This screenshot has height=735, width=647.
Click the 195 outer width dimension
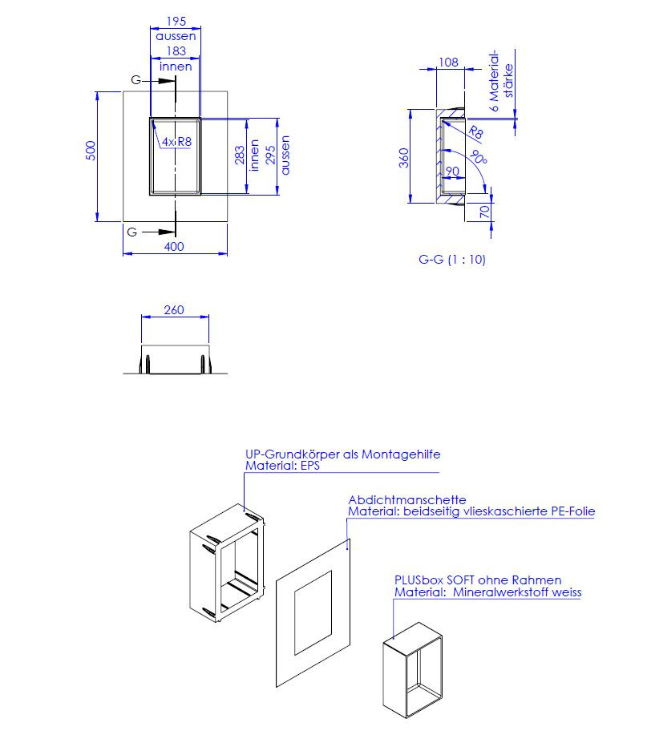point(176,22)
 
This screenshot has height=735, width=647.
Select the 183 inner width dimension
point(176,51)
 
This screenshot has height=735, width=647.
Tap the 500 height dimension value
point(91,151)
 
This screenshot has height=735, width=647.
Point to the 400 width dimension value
point(174,247)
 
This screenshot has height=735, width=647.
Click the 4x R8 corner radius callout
point(176,142)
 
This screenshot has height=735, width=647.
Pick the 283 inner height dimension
point(240,155)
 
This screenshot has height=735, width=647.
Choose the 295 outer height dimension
point(270,155)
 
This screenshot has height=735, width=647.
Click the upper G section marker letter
point(135,80)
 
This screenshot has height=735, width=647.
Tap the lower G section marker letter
point(132,232)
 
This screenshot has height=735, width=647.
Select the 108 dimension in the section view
point(448,63)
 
